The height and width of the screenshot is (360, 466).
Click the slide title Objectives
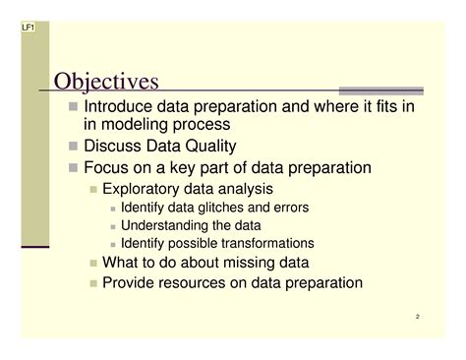click(106, 80)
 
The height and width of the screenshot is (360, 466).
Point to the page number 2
click(417, 317)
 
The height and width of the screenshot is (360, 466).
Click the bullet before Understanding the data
click(113, 226)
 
